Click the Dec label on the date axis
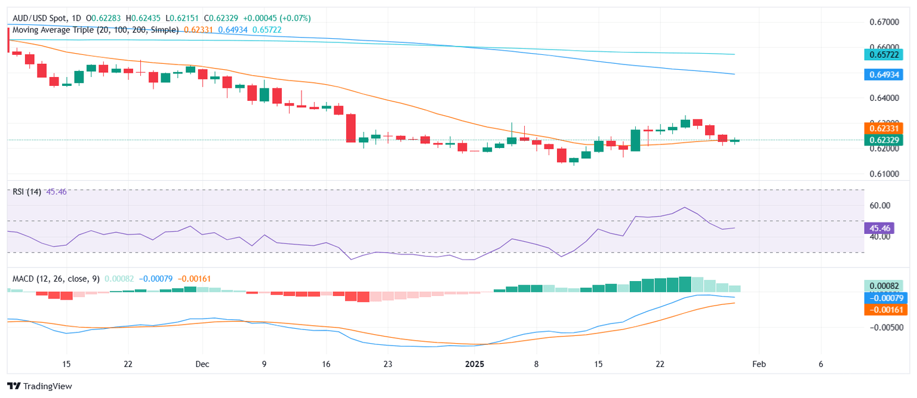coord(202,364)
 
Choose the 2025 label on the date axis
coord(475,364)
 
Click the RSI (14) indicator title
coord(26,192)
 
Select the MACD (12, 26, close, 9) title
coord(56,279)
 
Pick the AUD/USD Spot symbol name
coord(37,18)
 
